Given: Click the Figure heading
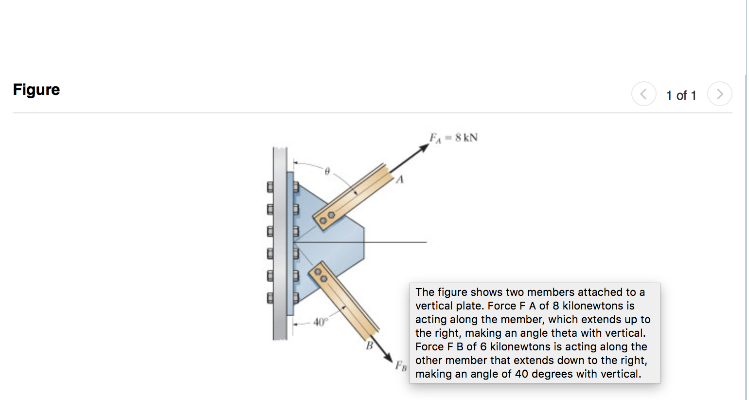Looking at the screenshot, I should click(36, 90).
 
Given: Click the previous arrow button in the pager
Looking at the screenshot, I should click(643, 94).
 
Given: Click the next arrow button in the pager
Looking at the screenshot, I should click(719, 94).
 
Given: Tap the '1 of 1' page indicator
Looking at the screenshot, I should click(681, 95).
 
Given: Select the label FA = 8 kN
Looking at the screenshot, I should click(453, 138).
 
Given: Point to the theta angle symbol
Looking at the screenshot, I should click(327, 171).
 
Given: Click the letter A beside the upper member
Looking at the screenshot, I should click(400, 180).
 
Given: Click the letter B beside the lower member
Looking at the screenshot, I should click(369, 345).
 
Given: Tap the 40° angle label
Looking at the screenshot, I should click(321, 322).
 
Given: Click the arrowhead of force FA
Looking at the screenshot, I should click(424, 147).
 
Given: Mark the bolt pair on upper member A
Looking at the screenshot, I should click(326, 218).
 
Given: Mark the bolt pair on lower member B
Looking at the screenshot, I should click(321, 275).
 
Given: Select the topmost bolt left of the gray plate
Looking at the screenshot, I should click(270, 186).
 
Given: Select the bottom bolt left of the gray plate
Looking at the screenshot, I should click(270, 297).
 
